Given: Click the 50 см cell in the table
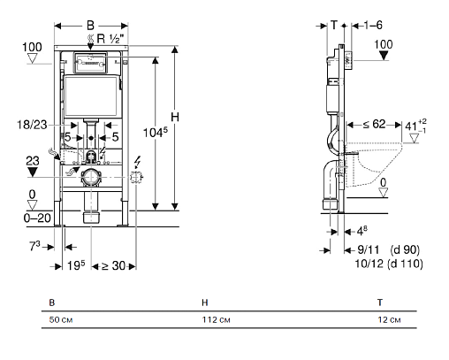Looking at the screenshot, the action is [x=61, y=319].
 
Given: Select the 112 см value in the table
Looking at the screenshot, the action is [x=216, y=319].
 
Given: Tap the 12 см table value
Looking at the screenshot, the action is [x=389, y=319].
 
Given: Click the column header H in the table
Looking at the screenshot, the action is [x=205, y=303].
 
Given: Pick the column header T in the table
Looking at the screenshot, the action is [x=380, y=303].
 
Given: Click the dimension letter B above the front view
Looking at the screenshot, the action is [x=90, y=26].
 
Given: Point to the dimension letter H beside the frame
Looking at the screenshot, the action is [x=175, y=118].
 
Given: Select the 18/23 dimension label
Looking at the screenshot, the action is [x=32, y=125].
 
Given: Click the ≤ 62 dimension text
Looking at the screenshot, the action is [x=374, y=124].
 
